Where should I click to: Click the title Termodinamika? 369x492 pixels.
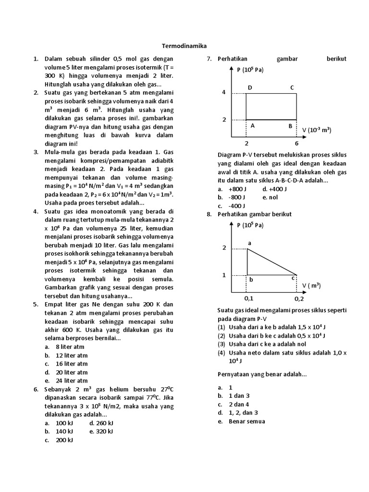184,46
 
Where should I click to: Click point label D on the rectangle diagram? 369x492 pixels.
249,87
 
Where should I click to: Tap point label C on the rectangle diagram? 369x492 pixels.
292,87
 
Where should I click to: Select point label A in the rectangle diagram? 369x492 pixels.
252,126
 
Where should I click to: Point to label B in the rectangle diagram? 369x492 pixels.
290,126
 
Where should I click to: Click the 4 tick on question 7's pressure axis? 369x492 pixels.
223,92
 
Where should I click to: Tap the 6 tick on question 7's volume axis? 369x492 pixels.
296,143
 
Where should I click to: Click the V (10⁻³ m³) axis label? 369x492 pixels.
317,130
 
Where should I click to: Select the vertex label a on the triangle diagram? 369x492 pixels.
249,243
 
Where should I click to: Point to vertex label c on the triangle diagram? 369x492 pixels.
293,278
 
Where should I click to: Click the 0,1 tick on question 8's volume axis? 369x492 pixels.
248,298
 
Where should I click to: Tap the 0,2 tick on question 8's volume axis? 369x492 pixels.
299,298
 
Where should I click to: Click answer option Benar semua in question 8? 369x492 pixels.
246,421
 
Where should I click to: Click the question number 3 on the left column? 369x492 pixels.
36,152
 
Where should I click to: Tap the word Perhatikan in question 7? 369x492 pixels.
233,59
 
